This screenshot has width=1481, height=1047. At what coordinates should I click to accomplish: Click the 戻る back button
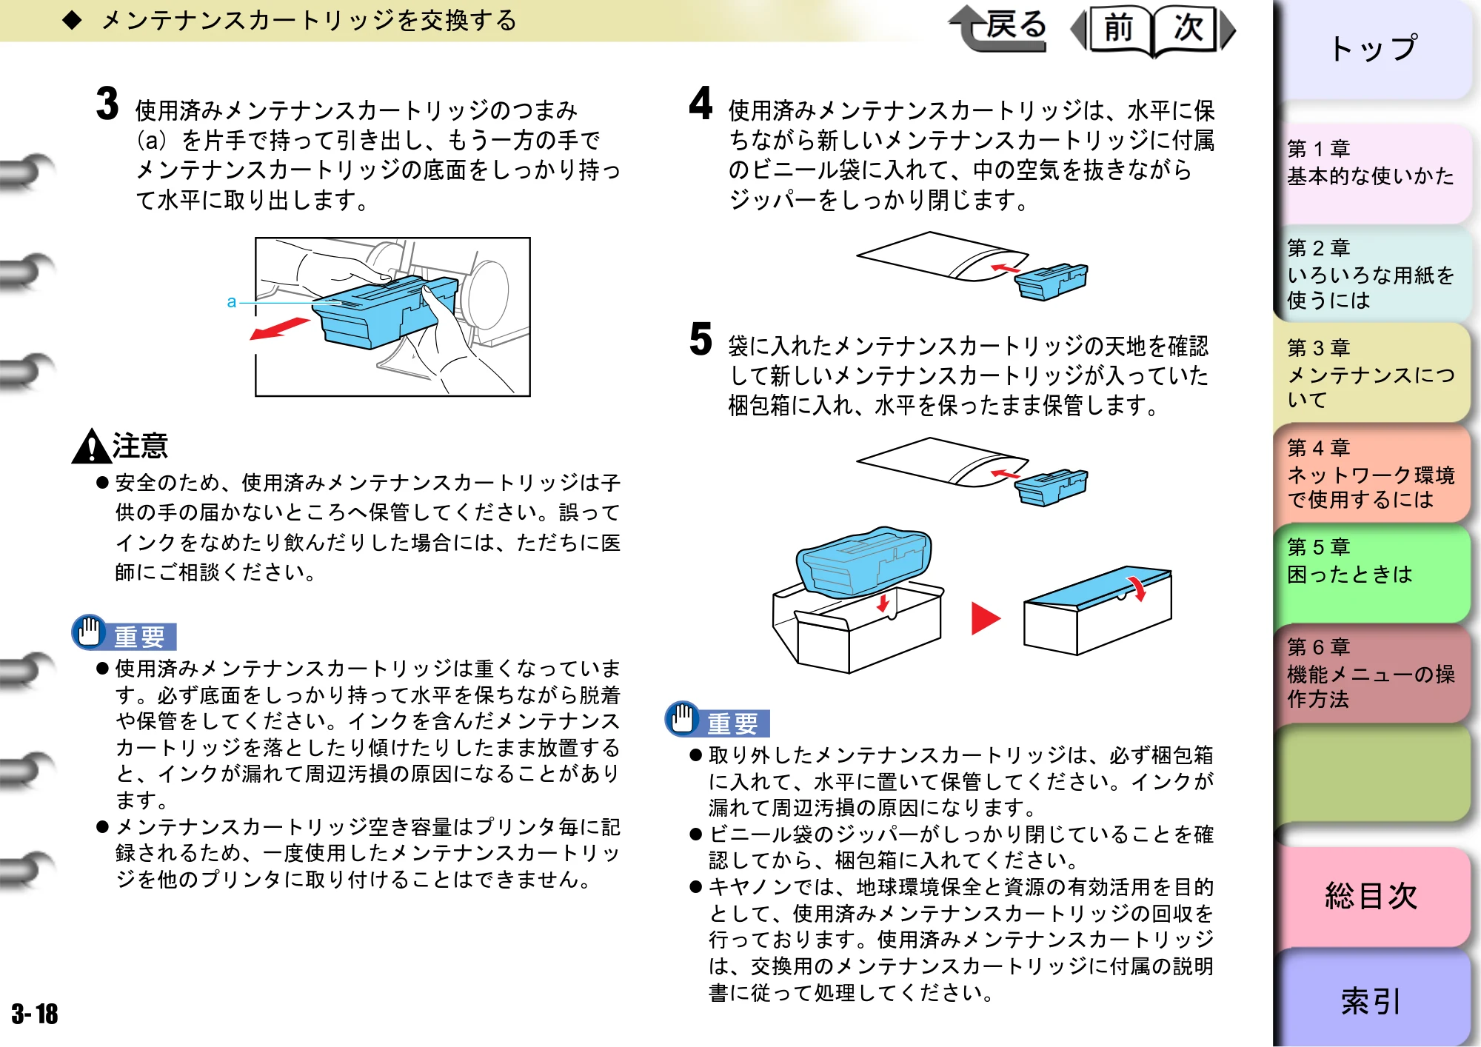point(999,28)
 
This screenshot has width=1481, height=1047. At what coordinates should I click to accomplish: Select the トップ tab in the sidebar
point(1373,49)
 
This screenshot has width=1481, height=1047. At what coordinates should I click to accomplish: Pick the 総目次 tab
point(1373,896)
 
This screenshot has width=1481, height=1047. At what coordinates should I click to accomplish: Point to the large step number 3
point(107,103)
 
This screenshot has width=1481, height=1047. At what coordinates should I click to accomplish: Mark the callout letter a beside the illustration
point(232,302)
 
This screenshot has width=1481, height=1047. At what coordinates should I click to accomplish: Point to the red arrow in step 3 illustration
point(279,329)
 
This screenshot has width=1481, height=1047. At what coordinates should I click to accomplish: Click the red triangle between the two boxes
point(985,618)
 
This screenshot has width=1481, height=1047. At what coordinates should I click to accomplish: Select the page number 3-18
point(35,1014)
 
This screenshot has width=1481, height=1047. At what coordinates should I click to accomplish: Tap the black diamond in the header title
point(73,20)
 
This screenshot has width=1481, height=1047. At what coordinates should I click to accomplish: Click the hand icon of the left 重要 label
point(90,632)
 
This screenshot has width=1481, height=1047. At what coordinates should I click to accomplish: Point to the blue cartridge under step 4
point(1051,281)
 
